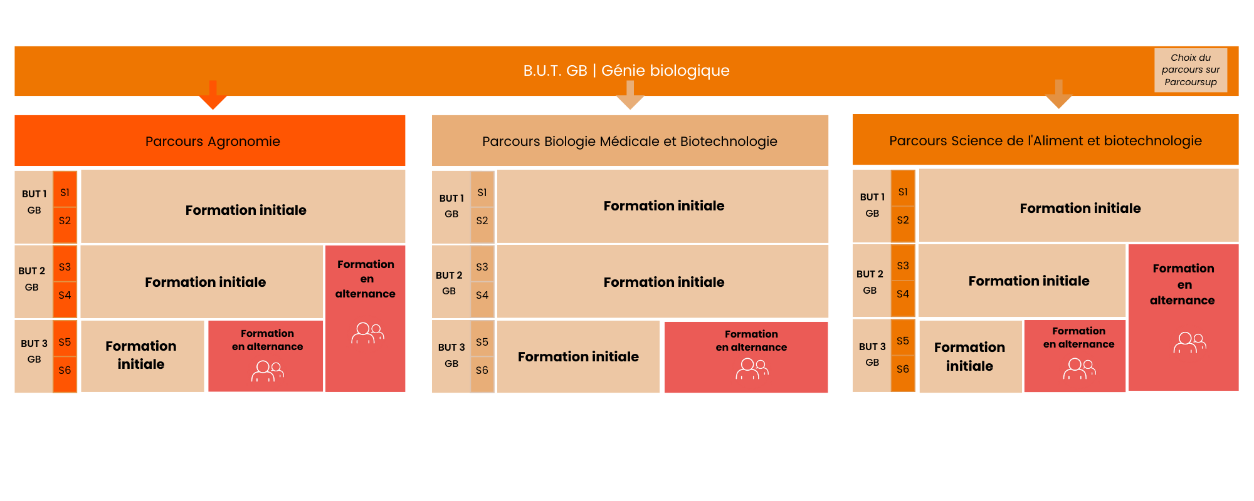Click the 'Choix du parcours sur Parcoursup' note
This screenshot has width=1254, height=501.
1191,70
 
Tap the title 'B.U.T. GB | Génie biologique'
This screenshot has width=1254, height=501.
626,71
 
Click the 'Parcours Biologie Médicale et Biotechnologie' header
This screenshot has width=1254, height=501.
630,141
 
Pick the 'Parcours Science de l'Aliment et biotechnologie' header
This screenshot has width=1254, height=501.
1045,140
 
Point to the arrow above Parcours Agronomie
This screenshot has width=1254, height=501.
213,95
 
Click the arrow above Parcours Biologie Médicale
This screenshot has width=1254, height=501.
630,95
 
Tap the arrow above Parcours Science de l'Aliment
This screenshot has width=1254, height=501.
1059,94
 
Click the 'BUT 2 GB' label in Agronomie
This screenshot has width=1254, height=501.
32,279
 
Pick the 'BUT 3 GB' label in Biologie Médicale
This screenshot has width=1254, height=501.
451,355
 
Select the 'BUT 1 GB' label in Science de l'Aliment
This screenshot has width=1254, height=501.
872,205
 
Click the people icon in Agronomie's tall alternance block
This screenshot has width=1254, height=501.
367,333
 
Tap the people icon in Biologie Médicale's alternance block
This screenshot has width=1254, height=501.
752,369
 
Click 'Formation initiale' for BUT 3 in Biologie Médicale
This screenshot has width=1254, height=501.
578,356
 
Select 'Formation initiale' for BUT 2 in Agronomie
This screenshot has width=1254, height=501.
205,282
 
